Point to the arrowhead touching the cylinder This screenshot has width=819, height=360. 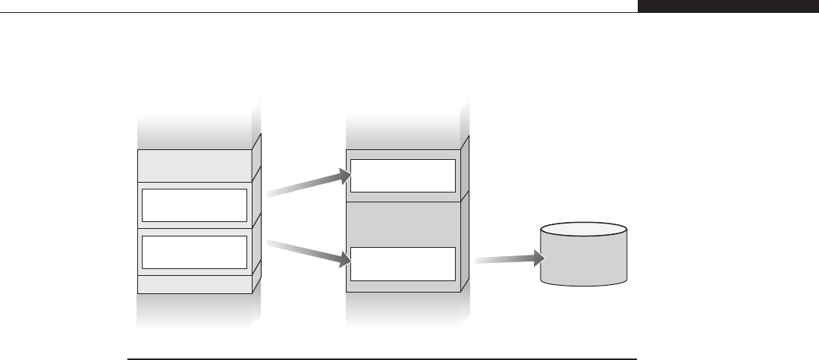point(539,258)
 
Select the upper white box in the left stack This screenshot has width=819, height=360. point(195,205)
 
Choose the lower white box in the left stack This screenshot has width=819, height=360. point(195,252)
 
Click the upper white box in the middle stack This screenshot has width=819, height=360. point(403,176)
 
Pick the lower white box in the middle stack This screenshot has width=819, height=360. point(403,263)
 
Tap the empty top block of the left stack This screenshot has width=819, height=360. point(194,165)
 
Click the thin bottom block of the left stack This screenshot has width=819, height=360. point(194,284)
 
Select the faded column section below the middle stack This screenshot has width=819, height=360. point(403,311)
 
